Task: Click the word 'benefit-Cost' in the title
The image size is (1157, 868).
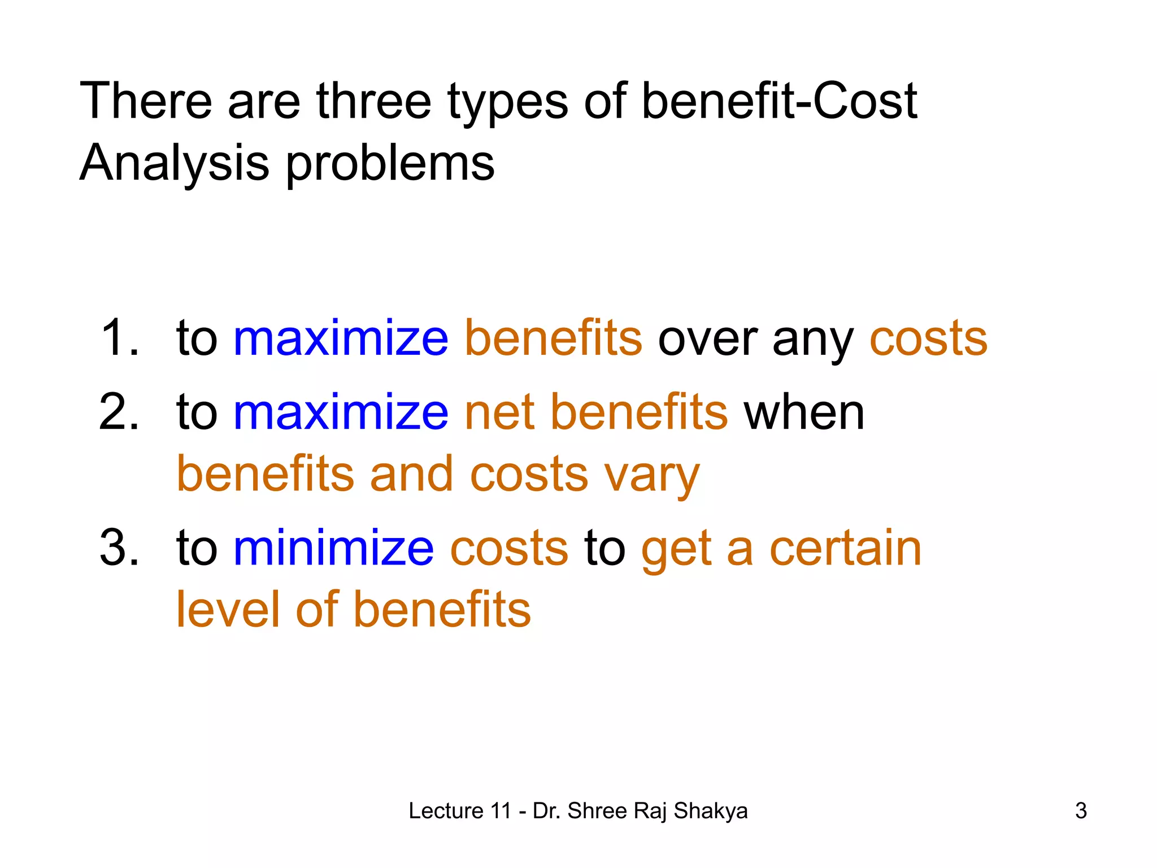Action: pos(779,102)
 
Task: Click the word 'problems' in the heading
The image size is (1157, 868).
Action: pos(390,164)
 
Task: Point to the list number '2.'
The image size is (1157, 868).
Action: pos(119,412)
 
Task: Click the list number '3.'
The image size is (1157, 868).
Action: pos(119,548)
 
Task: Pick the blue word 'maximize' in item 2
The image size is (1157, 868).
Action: pos(341,412)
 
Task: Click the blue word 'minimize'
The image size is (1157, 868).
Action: pos(333,548)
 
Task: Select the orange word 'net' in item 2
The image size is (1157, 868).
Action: pos(499,413)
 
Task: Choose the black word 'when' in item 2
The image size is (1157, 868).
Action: pos(804,413)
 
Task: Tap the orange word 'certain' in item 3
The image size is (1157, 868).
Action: pos(845,548)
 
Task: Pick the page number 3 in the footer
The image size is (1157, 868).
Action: pos(1081,811)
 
